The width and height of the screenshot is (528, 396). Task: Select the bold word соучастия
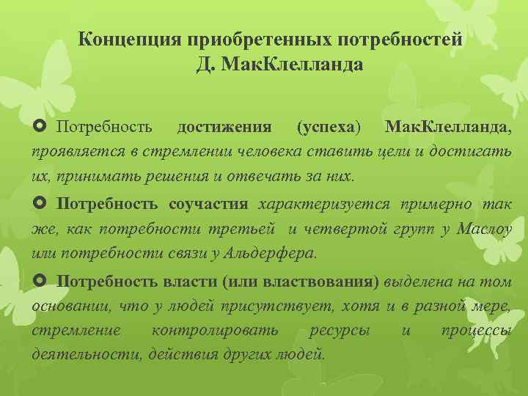pyautogui.click(x=208, y=204)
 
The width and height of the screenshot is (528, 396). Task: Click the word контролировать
pyautogui.click(x=214, y=330)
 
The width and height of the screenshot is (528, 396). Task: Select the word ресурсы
pyautogui.click(x=340, y=330)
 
